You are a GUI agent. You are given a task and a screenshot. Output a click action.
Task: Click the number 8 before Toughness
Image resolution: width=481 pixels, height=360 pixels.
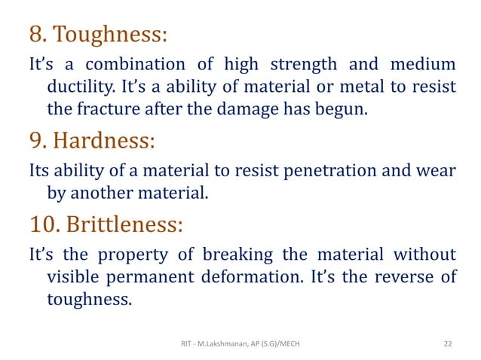pyautogui.click(x=35, y=35)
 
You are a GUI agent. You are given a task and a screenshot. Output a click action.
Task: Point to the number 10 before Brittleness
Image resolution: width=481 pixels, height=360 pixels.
pyautogui.click(x=43, y=224)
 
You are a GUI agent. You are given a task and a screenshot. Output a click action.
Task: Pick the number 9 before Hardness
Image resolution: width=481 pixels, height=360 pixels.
pyautogui.click(x=35, y=141)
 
